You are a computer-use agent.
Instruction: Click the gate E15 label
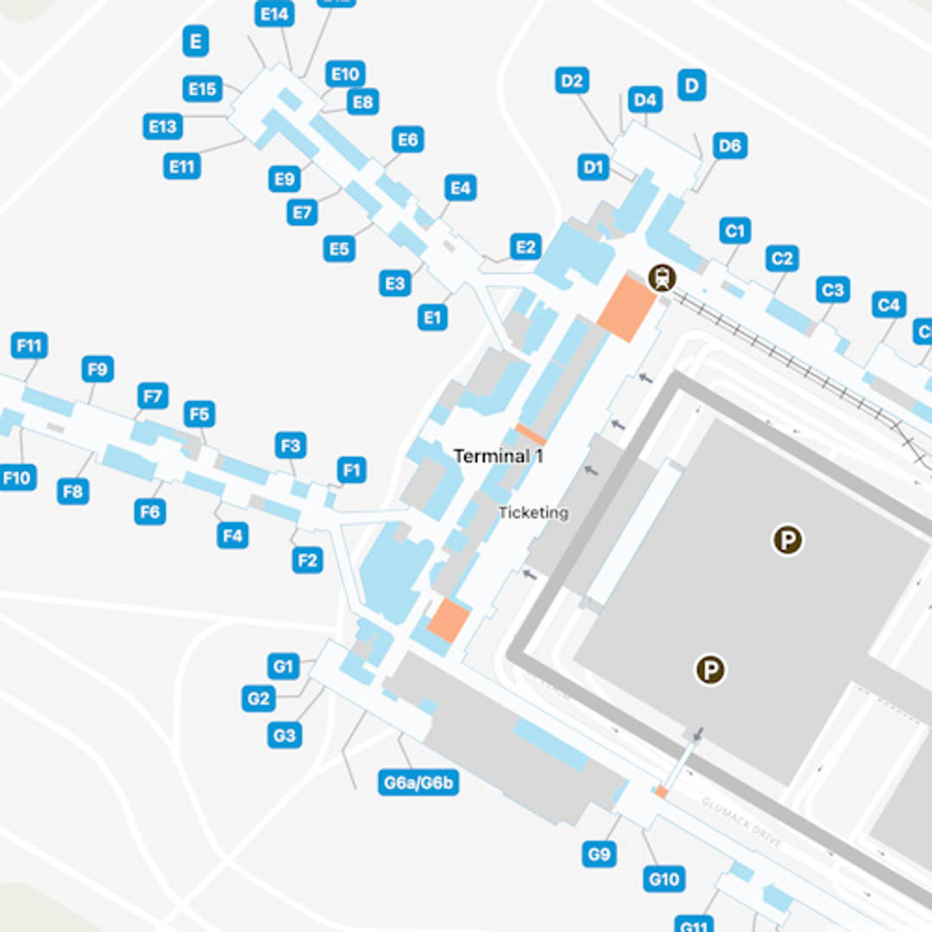[203, 89]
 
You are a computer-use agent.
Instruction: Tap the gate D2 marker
[572, 81]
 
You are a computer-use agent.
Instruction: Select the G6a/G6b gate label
[419, 783]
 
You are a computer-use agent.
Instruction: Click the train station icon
[662, 278]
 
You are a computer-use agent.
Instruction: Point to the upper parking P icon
[787, 541]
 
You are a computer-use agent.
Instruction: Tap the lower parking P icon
[710, 670]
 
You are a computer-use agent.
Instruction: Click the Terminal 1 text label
[498, 457]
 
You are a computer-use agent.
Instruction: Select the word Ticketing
[533, 513]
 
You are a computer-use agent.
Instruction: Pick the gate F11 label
[29, 346]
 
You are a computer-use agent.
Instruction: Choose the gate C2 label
[782, 258]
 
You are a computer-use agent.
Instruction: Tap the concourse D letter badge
[692, 85]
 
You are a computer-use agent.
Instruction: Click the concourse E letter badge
[196, 41]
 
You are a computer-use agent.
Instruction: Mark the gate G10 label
[664, 879]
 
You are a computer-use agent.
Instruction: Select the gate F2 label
[307, 560]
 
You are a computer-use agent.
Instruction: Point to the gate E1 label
[433, 318]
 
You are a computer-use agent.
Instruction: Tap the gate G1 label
[283, 666]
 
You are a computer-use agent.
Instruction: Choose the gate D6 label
[730, 146]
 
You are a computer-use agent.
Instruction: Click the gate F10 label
[17, 476]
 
